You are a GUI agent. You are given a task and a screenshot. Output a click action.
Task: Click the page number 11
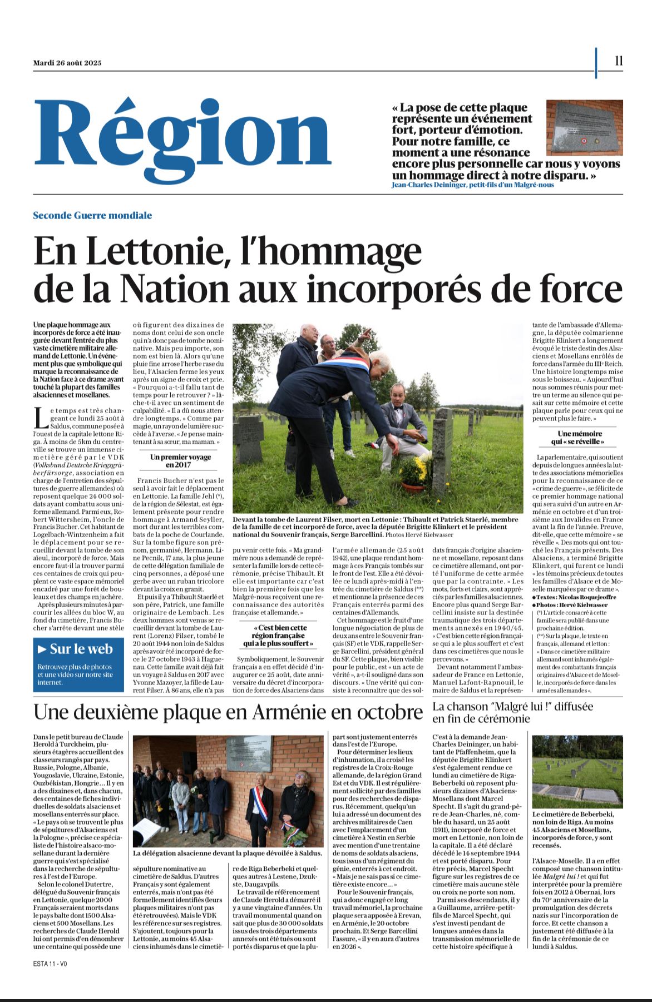point(619,61)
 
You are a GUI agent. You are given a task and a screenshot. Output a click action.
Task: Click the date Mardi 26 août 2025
point(67,63)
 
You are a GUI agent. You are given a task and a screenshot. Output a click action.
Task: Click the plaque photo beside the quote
point(584,128)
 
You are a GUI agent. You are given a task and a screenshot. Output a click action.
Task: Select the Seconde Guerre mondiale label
point(92,215)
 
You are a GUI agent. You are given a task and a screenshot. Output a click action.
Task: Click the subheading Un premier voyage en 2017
point(181,461)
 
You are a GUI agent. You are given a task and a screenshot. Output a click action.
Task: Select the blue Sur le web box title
point(81,649)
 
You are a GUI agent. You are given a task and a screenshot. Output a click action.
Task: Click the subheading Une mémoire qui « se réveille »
point(579,438)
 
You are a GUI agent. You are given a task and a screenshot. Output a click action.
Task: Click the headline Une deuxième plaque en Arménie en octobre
point(228,712)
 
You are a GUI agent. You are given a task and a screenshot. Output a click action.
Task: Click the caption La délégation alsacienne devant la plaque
point(228,852)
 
